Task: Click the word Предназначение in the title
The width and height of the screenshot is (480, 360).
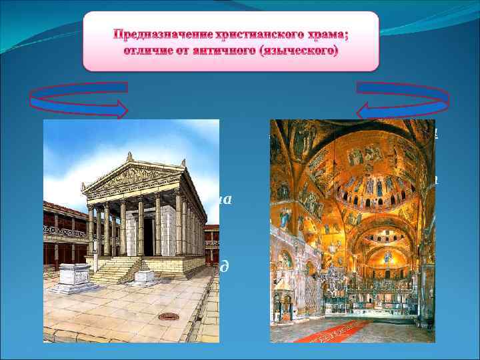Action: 154,35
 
